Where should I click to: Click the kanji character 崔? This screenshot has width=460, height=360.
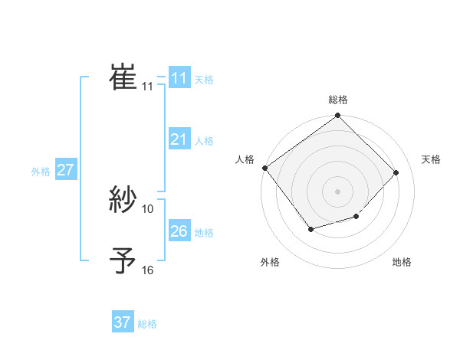[123, 78]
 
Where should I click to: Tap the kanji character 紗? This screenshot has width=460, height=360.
[123, 201]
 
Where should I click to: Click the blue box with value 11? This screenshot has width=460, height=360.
[179, 78]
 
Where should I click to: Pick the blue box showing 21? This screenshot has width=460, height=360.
[179, 139]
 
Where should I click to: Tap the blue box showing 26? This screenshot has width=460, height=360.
[179, 231]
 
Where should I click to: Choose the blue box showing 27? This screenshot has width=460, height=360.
[65, 170]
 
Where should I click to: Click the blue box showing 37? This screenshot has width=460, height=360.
[122, 322]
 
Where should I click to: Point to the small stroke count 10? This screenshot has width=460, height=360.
[148, 208]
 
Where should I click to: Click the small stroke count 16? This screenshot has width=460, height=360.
[148, 270]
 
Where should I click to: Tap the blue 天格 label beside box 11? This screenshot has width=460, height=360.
[204, 80]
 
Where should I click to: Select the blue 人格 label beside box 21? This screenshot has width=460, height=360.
[204, 141]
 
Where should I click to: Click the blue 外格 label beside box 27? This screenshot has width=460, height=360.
[41, 172]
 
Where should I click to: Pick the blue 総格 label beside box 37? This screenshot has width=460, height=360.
[147, 324]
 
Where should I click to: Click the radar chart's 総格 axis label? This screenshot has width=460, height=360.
[338, 100]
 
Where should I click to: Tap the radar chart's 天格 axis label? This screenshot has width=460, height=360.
[431, 159]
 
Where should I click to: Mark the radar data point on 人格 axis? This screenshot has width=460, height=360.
[264, 168]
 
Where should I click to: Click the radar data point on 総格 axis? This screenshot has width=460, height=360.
[338, 116]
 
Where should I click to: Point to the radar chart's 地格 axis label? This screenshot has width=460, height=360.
[402, 263]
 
